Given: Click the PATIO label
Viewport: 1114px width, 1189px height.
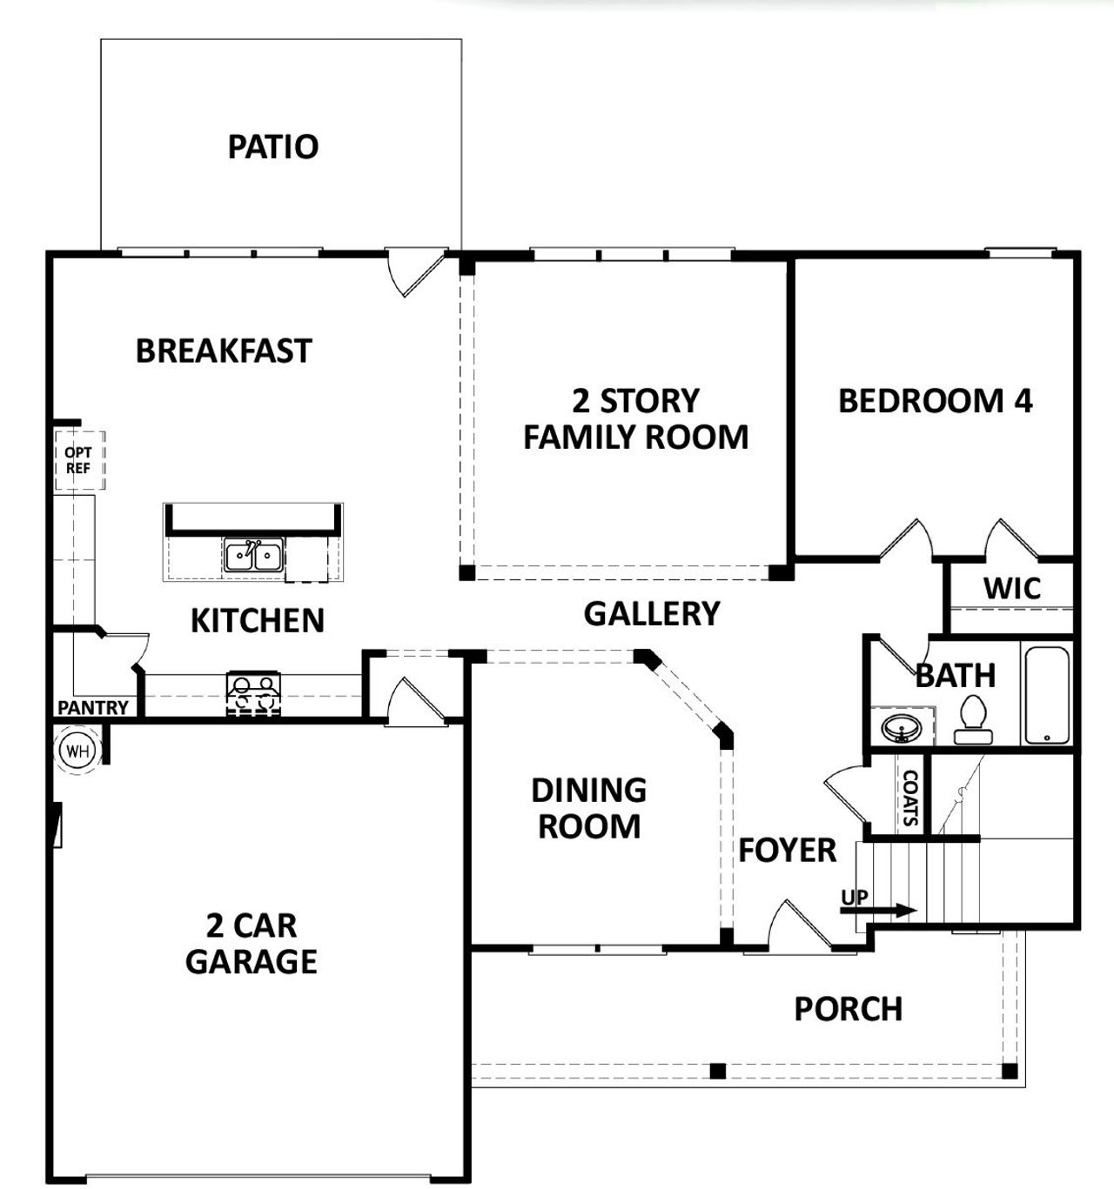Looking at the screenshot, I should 272,147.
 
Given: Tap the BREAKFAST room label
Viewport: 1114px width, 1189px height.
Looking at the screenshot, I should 224,351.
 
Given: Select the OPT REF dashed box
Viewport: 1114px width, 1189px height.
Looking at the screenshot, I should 78,460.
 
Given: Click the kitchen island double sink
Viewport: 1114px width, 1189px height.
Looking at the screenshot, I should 253,555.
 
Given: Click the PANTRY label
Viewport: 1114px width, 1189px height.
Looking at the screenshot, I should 93,708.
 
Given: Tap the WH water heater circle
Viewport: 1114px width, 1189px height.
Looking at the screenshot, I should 78,751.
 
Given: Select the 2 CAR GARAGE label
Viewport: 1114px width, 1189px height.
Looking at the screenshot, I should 251,944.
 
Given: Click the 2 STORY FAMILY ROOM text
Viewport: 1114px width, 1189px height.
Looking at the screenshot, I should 635,419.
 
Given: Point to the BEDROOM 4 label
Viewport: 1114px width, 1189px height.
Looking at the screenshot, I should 935,401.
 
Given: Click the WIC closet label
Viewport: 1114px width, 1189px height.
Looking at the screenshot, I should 1011,589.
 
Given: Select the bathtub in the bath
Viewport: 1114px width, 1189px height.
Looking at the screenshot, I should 1046,695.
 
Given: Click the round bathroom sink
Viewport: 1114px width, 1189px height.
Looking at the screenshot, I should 901,726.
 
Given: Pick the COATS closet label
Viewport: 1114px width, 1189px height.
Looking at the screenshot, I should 910,798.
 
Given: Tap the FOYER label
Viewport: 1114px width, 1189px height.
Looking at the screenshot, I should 787,851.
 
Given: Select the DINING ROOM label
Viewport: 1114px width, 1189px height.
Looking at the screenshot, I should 589,809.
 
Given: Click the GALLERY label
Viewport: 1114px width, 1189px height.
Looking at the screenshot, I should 651,614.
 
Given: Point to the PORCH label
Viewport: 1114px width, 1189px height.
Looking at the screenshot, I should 848,1009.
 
